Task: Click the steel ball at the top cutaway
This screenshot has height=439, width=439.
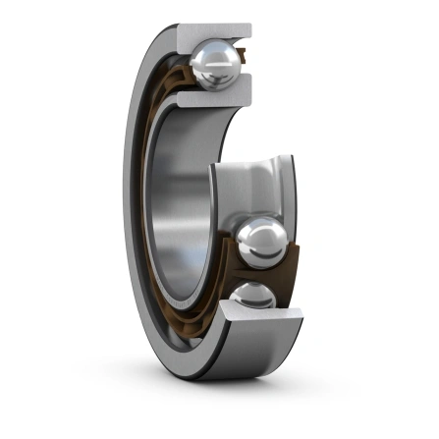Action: (213, 66)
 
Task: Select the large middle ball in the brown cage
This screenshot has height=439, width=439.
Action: (262, 243)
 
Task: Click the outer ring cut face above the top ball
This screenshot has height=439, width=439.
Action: (210, 33)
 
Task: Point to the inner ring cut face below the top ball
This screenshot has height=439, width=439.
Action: (208, 98)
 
